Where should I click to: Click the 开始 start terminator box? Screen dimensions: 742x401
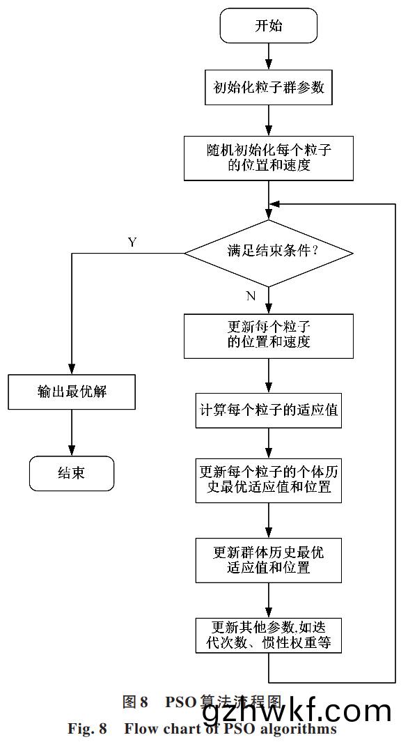[x=269, y=27]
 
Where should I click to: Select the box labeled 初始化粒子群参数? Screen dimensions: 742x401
[x=269, y=88]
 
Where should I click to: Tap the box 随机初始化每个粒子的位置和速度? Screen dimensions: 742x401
[x=269, y=157]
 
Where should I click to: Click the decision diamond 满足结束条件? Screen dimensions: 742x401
[x=269, y=252]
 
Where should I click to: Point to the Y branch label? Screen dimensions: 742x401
[x=132, y=242]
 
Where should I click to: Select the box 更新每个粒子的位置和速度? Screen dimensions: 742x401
[x=269, y=334]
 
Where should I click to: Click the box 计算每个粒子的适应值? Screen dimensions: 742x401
[x=269, y=410]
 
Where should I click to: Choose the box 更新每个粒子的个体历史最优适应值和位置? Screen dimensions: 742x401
[x=269, y=479]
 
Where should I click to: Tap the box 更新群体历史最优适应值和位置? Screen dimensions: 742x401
[x=269, y=559]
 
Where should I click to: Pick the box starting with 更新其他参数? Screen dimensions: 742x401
[x=269, y=634]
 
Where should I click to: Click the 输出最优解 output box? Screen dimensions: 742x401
[x=72, y=392]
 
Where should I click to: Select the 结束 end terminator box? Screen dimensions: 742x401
[x=72, y=472]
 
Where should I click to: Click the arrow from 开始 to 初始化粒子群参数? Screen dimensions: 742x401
[x=269, y=56]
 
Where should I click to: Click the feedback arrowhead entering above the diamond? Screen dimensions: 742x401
[x=274, y=204]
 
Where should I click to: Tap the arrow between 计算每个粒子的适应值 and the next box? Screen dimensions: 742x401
[x=269, y=441]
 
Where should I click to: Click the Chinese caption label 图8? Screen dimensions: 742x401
[x=136, y=702]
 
